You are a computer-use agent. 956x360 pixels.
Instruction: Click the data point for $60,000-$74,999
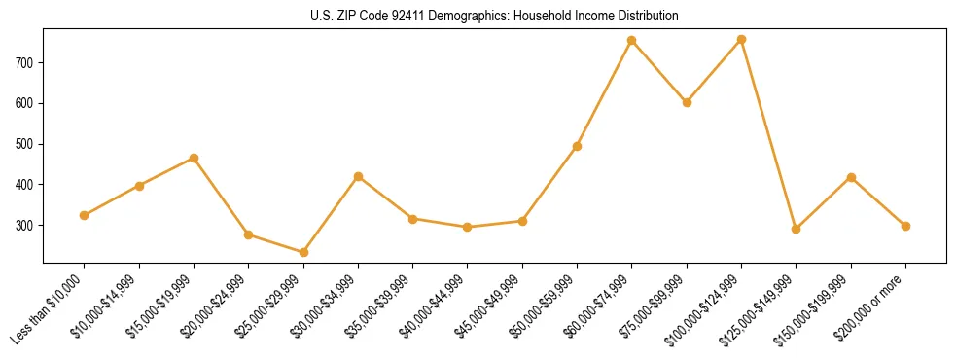click(632, 41)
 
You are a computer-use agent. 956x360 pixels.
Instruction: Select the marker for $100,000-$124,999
click(742, 40)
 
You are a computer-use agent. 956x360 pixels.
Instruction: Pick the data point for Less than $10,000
click(85, 215)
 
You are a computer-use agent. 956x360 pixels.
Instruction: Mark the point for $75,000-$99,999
click(687, 102)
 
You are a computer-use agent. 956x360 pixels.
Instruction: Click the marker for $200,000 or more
click(905, 226)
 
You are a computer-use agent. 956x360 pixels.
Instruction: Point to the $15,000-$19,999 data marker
click(194, 158)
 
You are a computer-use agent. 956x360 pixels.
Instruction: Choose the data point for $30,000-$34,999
click(358, 177)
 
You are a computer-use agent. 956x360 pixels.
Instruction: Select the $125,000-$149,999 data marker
click(797, 230)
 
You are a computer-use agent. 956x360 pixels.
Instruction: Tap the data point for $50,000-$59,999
click(578, 146)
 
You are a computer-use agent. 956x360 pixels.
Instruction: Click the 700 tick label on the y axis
click(25, 62)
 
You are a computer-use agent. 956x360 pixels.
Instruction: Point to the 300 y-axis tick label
click(25, 225)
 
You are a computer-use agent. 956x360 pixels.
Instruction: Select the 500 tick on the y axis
click(25, 144)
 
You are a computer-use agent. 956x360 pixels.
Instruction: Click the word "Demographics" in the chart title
click(437, 17)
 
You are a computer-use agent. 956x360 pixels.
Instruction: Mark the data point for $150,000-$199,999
click(851, 177)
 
